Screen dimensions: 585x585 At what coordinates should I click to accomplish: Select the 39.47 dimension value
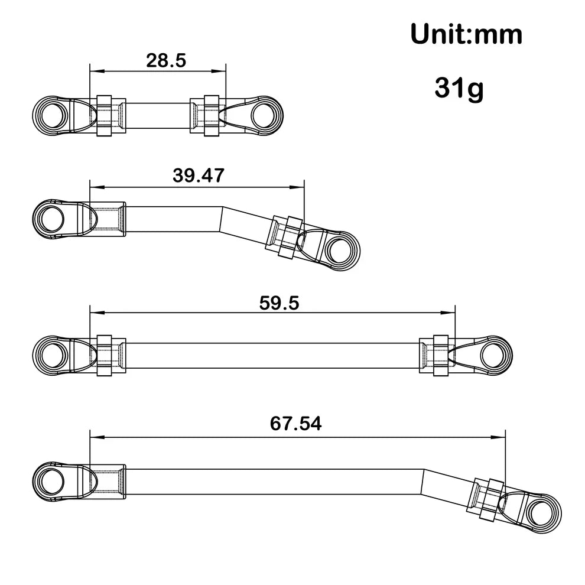(x=198, y=175)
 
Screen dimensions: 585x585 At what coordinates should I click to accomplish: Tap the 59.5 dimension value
(x=279, y=303)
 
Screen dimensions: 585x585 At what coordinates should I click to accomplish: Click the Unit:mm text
(x=466, y=35)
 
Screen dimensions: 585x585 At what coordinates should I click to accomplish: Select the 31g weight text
(x=459, y=88)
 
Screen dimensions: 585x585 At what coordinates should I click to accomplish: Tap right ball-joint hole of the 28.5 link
(x=264, y=112)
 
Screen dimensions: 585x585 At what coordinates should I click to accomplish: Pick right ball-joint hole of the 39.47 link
(x=337, y=249)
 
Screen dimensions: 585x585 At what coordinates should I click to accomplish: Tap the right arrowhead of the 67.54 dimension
(x=500, y=437)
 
